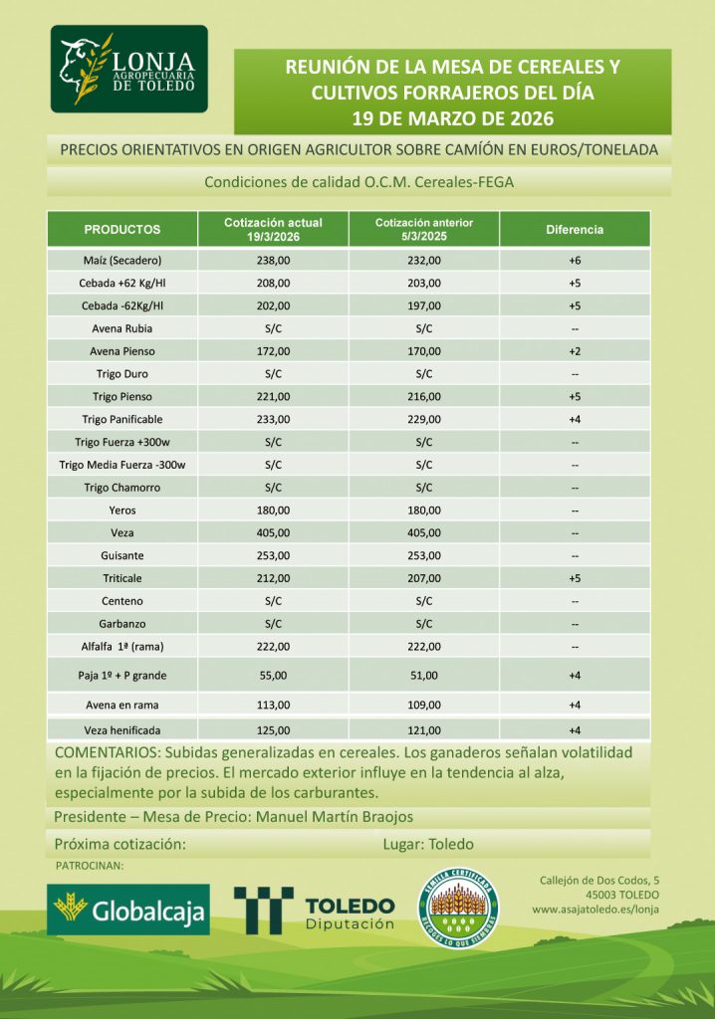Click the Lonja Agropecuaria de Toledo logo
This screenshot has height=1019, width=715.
128,69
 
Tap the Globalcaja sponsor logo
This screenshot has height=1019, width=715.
128,910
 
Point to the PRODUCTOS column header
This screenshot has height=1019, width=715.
122,230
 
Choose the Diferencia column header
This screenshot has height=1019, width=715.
575,230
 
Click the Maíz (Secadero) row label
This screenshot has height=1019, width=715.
122,261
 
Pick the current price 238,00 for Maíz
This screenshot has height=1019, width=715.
273,261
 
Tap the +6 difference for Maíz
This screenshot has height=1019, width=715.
575,261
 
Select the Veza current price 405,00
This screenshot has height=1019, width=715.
273,532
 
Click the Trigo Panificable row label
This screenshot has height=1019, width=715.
122,419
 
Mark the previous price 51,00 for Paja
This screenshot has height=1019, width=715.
424,676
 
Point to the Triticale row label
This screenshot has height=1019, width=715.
122,577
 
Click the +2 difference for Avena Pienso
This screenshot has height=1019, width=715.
575,351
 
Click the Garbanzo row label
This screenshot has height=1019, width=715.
122,623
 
